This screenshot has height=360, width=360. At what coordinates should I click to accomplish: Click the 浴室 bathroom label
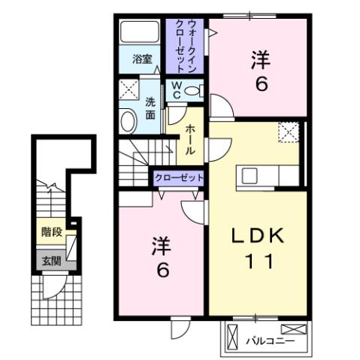(x=143, y=59)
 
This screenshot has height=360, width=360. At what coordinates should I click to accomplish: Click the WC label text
(x=174, y=91)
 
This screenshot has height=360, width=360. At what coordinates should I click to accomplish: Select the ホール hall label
(x=191, y=141)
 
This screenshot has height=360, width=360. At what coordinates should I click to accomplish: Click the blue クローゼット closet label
(x=179, y=177)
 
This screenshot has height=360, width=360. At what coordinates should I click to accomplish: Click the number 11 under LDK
(x=256, y=264)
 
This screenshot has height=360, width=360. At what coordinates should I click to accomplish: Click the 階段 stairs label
(x=51, y=232)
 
